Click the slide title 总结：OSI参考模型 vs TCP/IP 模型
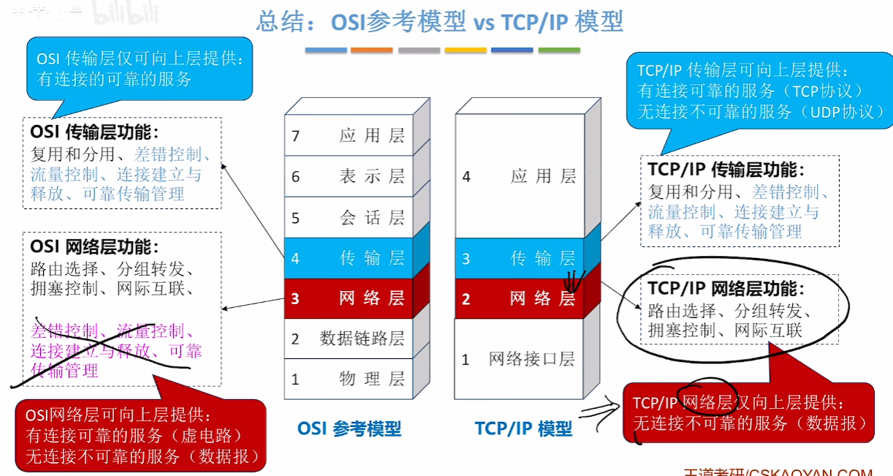(x=439, y=21)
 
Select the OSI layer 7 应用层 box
(x=349, y=135)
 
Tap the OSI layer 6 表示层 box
(x=349, y=176)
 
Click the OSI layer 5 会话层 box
(x=349, y=217)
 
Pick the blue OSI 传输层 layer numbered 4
(x=349, y=257)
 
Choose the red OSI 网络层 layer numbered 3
(x=349, y=298)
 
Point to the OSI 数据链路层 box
(x=349, y=339)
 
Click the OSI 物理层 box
(x=349, y=379)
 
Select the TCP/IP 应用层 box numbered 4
(x=520, y=176)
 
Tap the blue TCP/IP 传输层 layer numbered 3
(x=520, y=258)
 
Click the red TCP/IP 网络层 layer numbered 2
(x=520, y=298)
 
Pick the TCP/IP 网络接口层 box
(x=520, y=359)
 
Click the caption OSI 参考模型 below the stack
(x=349, y=428)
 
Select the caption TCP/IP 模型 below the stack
(x=523, y=428)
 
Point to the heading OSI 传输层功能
(x=94, y=132)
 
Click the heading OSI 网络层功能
(x=94, y=247)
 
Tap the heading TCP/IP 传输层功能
(x=726, y=170)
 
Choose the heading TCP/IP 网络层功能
(x=726, y=289)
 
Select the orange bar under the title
(x=371, y=50)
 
